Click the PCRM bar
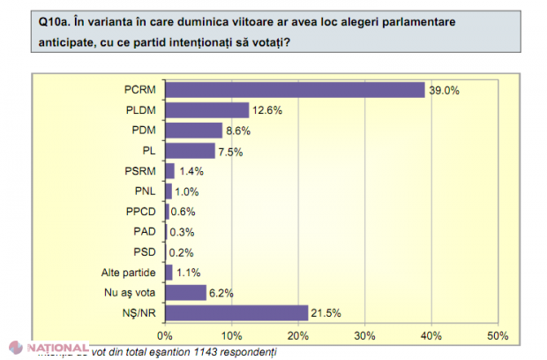(x=295, y=89)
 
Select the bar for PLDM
(x=206, y=109)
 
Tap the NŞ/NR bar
(x=236, y=312)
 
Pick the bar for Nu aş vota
(x=185, y=292)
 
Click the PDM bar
(x=193, y=130)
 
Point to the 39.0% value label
(x=444, y=90)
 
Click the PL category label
(x=148, y=150)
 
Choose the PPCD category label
(x=142, y=211)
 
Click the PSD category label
(x=145, y=251)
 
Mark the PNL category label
(x=145, y=191)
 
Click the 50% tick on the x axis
(x=497, y=335)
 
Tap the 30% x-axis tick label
(x=364, y=335)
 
